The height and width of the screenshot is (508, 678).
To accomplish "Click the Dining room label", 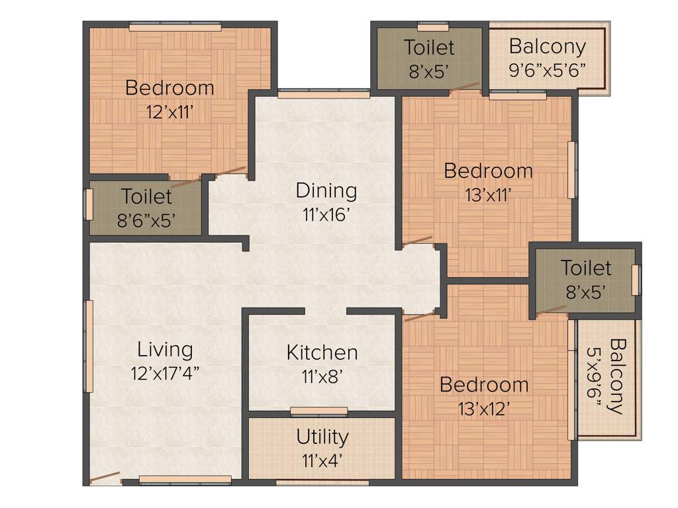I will (326, 190).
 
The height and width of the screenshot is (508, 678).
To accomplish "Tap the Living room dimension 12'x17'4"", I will (166, 372).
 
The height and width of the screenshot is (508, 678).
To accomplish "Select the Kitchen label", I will (322, 353).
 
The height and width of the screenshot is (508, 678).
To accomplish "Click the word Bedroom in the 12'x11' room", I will (169, 87).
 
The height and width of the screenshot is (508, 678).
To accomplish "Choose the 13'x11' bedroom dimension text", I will (487, 193).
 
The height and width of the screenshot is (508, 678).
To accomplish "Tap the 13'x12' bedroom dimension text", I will (483, 408).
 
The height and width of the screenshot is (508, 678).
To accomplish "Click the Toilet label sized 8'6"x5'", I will (146, 196).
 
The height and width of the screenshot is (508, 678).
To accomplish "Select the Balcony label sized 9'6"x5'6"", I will (547, 47).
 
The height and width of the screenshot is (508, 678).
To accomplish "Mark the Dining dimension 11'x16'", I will (326, 214).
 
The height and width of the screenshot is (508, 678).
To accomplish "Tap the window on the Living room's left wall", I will (88, 346).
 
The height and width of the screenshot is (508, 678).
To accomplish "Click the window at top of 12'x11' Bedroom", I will (175, 27).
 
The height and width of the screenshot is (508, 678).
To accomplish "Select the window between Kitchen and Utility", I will (318, 411).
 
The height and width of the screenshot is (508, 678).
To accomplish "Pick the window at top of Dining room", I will (323, 94).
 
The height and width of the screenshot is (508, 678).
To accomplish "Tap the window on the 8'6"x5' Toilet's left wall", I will (87, 204).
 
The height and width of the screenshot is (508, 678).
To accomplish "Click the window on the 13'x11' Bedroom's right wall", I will (573, 169).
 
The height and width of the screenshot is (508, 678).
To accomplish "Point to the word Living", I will (165, 349).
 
